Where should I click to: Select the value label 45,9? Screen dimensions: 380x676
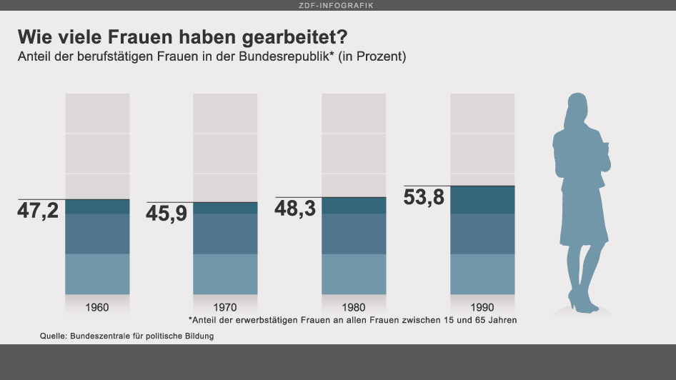click(x=166, y=214)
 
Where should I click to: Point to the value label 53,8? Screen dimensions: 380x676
click(x=424, y=198)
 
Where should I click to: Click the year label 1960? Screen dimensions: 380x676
click(x=97, y=308)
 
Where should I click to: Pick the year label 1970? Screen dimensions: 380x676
click(x=225, y=308)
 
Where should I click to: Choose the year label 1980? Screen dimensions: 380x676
click(x=354, y=308)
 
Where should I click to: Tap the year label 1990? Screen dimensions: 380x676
click(x=482, y=308)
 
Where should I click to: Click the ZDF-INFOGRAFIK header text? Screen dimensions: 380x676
click(x=338, y=5)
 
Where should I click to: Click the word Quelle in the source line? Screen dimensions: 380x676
click(x=53, y=336)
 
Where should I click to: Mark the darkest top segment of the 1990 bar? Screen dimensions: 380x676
click(x=482, y=200)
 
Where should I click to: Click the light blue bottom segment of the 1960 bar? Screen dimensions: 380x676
click(x=97, y=274)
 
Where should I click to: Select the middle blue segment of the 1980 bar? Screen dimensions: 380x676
click(x=354, y=234)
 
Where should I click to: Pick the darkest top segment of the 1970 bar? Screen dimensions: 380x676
click(x=225, y=208)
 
